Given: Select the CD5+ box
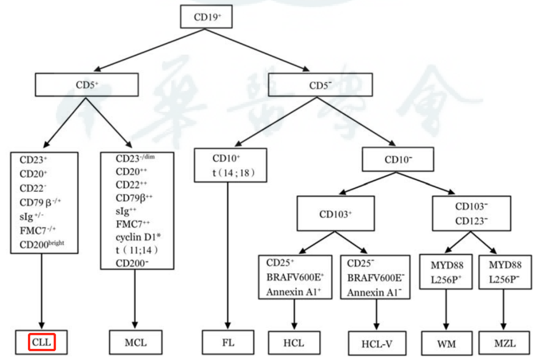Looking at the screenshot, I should [87, 84].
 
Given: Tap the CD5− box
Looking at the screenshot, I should [320, 85].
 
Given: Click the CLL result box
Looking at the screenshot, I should [42, 343].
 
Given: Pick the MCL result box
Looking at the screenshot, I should [135, 343].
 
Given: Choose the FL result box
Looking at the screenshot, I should [228, 343].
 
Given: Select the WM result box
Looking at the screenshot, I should [446, 343].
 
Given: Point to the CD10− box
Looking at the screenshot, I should [398, 160].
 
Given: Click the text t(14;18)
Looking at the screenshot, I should [234, 173].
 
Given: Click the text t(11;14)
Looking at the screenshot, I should [137, 250].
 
